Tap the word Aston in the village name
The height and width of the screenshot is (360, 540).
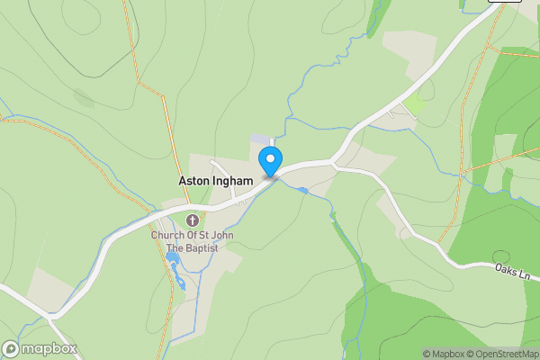195,181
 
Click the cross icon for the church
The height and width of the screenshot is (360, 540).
192,220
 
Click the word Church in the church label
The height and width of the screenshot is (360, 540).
168,236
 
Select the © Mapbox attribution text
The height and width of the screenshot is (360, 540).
443,354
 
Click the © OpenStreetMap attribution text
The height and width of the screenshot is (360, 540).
502,354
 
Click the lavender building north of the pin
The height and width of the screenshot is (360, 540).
259,139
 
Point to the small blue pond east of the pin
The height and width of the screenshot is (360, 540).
303,190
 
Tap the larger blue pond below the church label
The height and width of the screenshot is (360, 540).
172,259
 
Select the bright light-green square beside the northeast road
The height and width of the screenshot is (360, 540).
414,105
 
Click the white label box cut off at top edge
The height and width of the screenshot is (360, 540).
505,2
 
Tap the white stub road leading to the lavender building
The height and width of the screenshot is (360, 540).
273,145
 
